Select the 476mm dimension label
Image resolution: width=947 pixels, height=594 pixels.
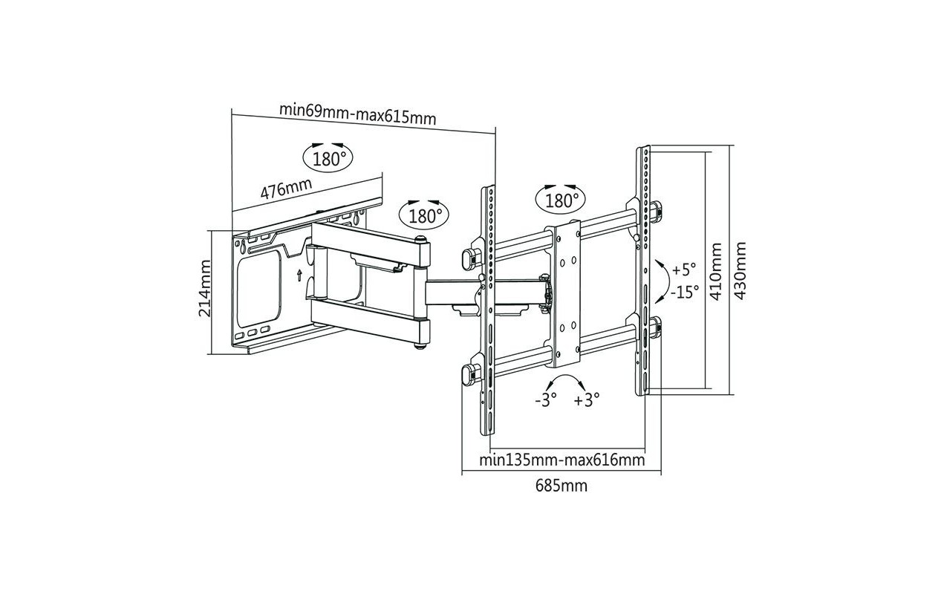coord(286,189)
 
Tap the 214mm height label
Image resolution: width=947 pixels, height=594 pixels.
coord(204,288)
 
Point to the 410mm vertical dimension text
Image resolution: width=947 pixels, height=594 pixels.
coord(715,272)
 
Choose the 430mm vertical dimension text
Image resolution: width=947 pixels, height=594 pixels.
coord(740,270)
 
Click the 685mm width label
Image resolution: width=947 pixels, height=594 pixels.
coord(562,486)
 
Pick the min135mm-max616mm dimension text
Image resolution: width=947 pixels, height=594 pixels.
coord(562,460)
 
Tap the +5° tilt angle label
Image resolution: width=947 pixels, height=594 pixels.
coord(683,270)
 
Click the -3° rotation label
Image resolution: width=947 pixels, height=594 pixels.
coord(546,399)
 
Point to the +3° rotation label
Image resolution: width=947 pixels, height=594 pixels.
coord(587,399)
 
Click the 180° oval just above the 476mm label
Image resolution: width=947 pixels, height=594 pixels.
coord(328,158)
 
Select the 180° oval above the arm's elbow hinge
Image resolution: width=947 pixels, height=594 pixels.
coord(423,215)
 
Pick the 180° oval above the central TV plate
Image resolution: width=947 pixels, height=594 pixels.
coord(561,200)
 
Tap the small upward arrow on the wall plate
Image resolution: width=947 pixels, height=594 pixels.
coord(299,275)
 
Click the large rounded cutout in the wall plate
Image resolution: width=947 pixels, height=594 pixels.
coord(259,289)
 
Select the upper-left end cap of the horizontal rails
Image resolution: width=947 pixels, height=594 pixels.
coord(469,259)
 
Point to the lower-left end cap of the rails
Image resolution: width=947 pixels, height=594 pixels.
coord(469,375)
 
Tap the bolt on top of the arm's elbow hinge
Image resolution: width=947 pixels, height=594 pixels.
coord(420,239)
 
